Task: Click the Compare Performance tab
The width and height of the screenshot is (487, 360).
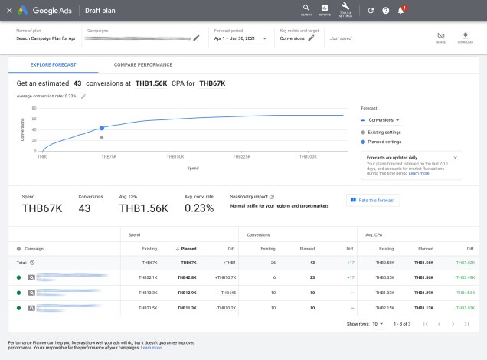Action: point(143,65)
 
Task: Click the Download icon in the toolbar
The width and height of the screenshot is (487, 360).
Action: point(465,38)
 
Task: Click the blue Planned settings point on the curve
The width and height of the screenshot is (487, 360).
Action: point(102,129)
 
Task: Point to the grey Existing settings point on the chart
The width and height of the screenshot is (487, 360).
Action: point(102,137)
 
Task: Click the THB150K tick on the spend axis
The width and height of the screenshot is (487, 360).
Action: point(175,155)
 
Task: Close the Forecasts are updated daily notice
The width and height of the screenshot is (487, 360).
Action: point(456,158)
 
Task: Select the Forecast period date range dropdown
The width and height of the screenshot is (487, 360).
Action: point(240,38)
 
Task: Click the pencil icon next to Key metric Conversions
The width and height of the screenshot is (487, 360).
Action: point(312,38)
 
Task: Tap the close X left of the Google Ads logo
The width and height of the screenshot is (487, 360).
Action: point(9,11)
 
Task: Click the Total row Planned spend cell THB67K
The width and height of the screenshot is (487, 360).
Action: point(188,262)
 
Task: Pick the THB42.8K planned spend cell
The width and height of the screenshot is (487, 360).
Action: point(188,277)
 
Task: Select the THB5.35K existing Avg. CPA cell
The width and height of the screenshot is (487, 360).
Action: point(385,277)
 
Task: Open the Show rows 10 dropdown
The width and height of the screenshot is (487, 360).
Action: point(378,324)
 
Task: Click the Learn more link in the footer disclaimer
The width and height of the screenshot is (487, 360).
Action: point(151,348)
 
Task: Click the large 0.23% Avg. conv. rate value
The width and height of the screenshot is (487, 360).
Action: point(198,208)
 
